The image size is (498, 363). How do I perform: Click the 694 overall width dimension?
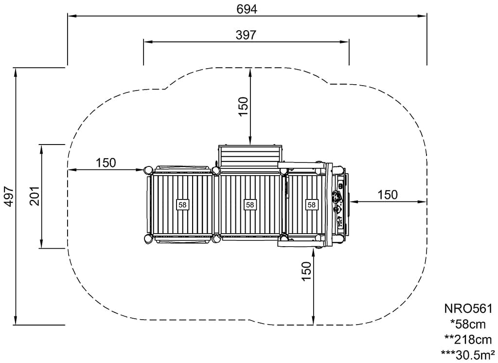[247, 9]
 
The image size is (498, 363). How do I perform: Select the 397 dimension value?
[246, 35]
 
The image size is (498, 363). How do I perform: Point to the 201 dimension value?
[35, 196]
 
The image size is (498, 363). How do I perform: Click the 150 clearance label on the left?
[106, 163]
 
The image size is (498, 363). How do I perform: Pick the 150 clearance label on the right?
[388, 195]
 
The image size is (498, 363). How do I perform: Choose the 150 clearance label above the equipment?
[243, 107]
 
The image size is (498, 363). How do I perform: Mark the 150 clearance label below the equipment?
[306, 271]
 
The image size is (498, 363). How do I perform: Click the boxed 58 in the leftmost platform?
[182, 205]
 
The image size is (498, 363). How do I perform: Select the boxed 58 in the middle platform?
[250, 205]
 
